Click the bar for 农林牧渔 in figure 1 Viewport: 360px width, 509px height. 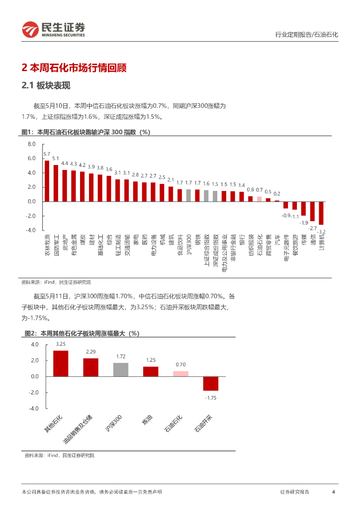47,180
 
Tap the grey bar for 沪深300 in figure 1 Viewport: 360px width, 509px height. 188,195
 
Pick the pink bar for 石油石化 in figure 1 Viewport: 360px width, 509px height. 259,199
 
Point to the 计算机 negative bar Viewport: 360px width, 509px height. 321,213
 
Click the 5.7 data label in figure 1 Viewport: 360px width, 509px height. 47,155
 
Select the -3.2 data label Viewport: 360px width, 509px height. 322,232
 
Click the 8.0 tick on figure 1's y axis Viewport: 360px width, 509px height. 32,144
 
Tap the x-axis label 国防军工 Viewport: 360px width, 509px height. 56,246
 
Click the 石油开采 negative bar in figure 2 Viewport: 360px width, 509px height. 210,383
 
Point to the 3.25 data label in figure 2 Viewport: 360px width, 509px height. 61,344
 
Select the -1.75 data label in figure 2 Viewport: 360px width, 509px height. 210,397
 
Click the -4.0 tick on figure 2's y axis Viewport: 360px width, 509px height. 34,408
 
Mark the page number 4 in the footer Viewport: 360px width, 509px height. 333,492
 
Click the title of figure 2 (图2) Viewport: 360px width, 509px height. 82,333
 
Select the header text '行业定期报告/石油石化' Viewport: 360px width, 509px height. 306,35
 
